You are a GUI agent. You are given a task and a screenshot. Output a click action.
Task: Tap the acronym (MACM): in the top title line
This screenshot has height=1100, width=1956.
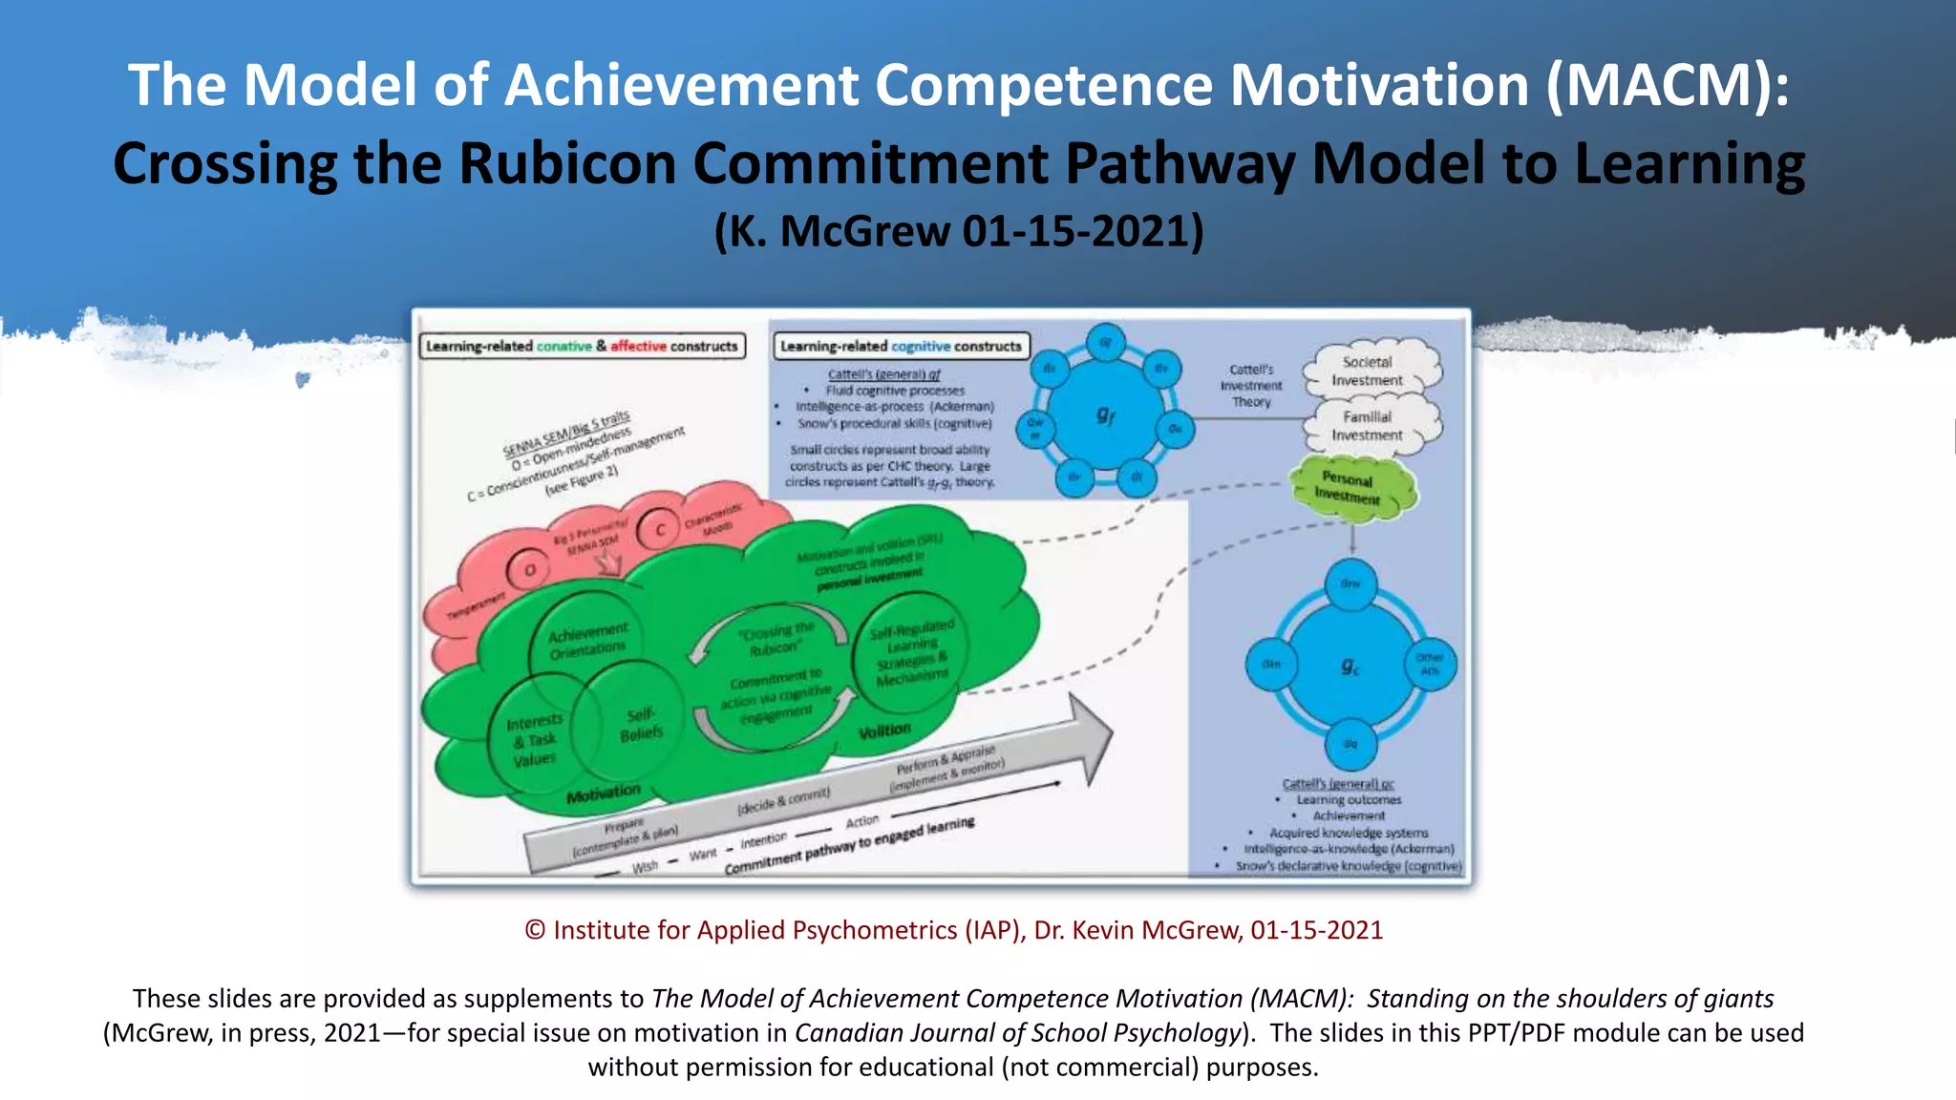[1668, 85]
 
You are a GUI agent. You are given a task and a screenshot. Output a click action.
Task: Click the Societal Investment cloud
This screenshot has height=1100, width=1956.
[1368, 370]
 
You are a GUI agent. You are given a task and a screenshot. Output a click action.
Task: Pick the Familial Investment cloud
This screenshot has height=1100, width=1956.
[1368, 426]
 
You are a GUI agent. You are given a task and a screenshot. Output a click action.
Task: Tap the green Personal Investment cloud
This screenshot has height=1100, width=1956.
[1349, 487]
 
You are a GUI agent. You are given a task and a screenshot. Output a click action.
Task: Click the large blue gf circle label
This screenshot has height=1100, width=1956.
[1105, 413]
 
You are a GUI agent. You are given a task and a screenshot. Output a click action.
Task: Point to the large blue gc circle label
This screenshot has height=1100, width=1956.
[1350, 666]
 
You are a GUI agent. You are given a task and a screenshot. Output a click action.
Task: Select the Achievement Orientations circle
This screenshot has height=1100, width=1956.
[587, 641]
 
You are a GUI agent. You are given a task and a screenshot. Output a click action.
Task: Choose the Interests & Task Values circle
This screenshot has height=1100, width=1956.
[535, 739]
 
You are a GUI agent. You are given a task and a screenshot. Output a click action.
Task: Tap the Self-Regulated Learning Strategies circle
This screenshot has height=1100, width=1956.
[912, 652]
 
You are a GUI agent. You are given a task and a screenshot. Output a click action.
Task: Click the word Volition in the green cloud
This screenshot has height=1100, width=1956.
[884, 731]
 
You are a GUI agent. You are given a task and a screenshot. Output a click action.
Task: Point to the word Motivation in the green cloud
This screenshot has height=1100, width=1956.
[603, 793]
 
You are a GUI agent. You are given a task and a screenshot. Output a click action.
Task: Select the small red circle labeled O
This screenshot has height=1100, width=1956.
[529, 570]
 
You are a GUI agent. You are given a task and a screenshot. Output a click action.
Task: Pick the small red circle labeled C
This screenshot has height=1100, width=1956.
[659, 529]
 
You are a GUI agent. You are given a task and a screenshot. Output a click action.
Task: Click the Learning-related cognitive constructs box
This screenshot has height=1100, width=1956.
[901, 347]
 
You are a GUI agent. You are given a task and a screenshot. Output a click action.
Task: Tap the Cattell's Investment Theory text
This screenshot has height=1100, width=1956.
[1251, 386]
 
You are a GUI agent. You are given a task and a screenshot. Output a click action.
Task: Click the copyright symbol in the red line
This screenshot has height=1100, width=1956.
[535, 930]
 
